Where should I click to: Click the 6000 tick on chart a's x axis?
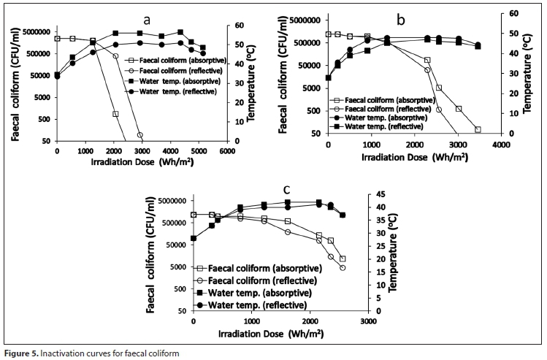(x=227, y=150)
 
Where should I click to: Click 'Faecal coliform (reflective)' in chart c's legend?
(x=262, y=280)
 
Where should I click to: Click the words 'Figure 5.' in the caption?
(x=22, y=354)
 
